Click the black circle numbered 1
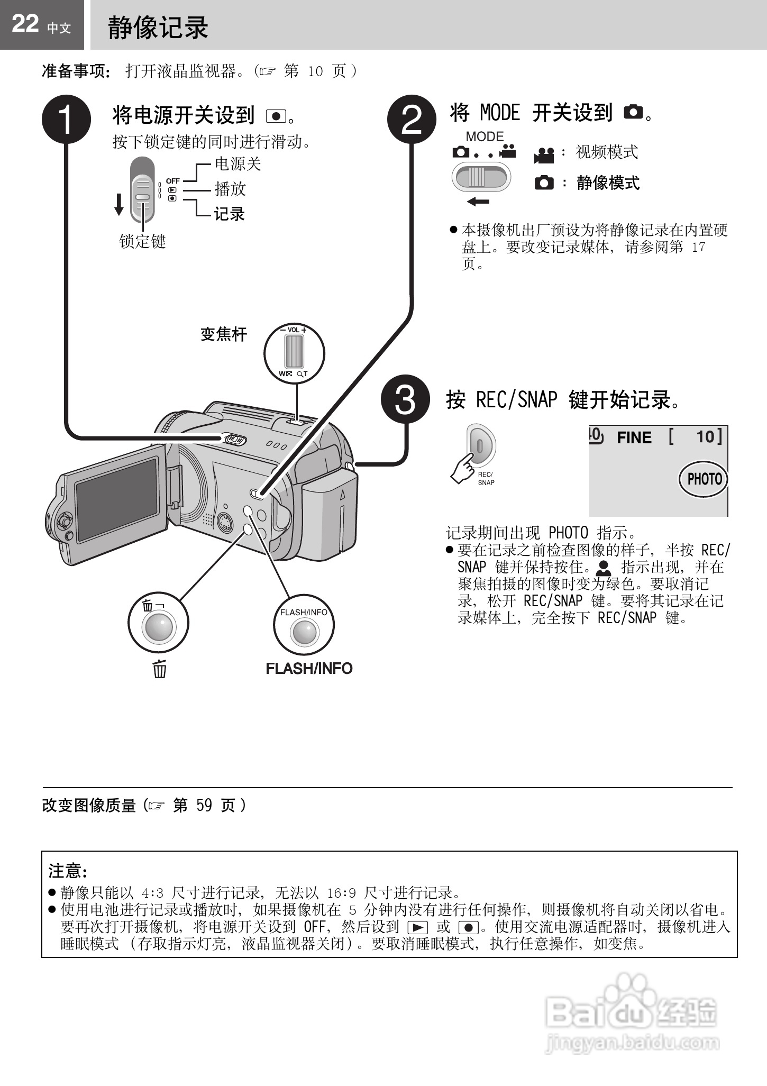pyautogui.click(x=66, y=120)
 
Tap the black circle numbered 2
pyautogui.click(x=412, y=120)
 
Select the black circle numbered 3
pyautogui.click(x=405, y=399)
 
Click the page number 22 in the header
pyautogui.click(x=25, y=24)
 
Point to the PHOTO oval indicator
pyautogui.click(x=704, y=479)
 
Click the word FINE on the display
pyautogui.click(x=634, y=438)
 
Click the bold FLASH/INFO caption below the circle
pyautogui.click(x=309, y=669)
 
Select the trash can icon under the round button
pyautogui.click(x=160, y=669)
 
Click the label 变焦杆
pyautogui.click(x=224, y=334)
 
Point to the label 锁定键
pyautogui.click(x=142, y=242)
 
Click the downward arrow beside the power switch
pyautogui.click(x=119, y=205)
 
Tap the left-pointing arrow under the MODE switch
pyautogui.click(x=478, y=202)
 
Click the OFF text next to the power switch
pyautogui.click(x=173, y=181)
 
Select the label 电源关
pyautogui.click(x=238, y=164)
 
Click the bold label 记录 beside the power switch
pyautogui.click(x=230, y=214)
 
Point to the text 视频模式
pyautogui.click(x=607, y=152)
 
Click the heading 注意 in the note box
pyautogui.click(x=67, y=871)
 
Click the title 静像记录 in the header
pyautogui.click(x=158, y=28)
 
